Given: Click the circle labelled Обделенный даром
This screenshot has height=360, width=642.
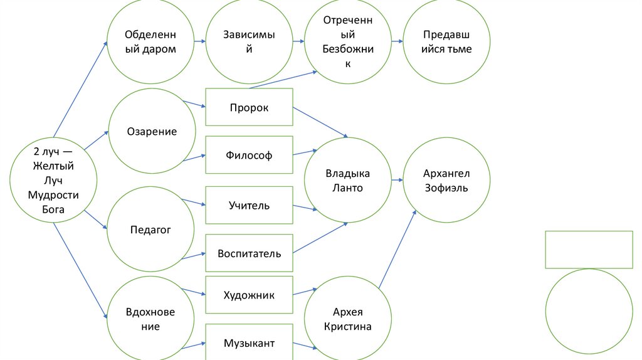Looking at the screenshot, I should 150,41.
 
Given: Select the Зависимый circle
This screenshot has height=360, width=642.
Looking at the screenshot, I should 249,41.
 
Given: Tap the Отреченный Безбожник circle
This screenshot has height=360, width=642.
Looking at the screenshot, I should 348,41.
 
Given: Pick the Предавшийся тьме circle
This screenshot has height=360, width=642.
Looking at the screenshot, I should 446,41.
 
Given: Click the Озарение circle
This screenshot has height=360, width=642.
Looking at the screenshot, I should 152,132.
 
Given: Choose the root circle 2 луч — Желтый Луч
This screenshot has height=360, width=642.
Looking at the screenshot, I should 54,181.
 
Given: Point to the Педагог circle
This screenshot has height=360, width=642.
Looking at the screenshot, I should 150,230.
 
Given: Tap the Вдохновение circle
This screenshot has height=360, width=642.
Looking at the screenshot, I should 150,319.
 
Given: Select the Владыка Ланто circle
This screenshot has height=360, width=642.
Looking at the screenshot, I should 348,181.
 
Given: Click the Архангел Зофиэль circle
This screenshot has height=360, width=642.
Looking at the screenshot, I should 446,181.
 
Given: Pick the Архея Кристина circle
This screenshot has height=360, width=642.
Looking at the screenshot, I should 348,319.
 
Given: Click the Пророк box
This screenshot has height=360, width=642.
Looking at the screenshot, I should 249,107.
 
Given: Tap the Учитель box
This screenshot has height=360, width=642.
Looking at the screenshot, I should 249,205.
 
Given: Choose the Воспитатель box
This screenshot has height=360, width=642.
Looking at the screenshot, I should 249,254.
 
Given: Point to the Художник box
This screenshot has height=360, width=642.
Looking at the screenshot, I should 249,295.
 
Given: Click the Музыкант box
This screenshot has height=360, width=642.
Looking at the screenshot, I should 249,342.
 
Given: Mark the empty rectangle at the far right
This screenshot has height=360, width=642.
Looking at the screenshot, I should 588,249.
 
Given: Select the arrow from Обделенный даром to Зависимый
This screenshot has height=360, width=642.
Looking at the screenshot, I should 199,41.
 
